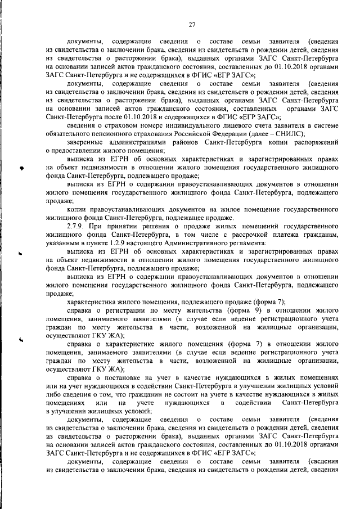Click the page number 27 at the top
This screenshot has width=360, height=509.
pos(191,24)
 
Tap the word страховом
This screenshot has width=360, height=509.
pos(119,125)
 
